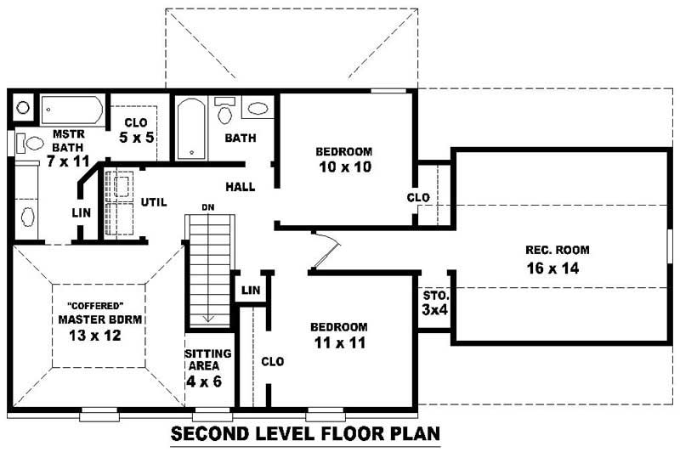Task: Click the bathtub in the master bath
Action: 72,110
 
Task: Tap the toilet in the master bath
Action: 31,144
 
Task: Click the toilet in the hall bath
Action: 225,111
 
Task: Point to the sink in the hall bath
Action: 258,108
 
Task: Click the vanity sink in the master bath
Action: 27,217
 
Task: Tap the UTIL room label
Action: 154,201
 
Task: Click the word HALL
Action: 241,186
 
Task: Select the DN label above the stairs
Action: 207,206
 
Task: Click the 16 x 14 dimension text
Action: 557,269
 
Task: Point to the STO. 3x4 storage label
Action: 435,302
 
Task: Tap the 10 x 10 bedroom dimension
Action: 344,167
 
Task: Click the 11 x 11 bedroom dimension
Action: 338,344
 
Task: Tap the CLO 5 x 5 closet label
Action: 136,129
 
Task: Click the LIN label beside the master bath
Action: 81,212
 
